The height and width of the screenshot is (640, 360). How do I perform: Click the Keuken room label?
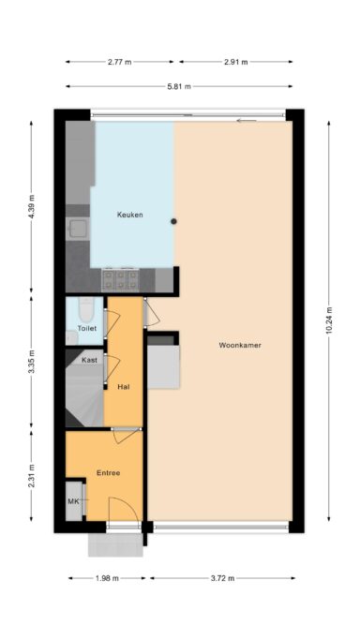click(x=129, y=216)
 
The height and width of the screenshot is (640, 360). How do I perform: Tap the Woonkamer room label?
click(x=239, y=345)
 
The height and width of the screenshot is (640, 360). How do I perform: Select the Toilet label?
click(x=86, y=329)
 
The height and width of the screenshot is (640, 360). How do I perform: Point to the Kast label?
click(x=90, y=360)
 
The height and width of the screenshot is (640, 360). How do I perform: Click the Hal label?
click(x=124, y=386)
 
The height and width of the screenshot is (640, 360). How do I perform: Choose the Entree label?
click(x=108, y=473)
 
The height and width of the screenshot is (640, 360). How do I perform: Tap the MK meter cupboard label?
click(x=74, y=503)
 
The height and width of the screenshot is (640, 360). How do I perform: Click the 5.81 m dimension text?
click(x=179, y=86)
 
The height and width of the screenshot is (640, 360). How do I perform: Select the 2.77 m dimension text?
click(x=119, y=62)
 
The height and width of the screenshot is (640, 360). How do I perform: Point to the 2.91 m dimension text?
click(x=236, y=62)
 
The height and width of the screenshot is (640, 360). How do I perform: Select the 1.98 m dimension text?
click(x=106, y=578)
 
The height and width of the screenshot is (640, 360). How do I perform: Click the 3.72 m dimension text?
click(x=221, y=578)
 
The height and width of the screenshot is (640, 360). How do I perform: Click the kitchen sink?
click(x=75, y=228)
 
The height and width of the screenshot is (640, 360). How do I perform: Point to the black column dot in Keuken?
click(x=172, y=222)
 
